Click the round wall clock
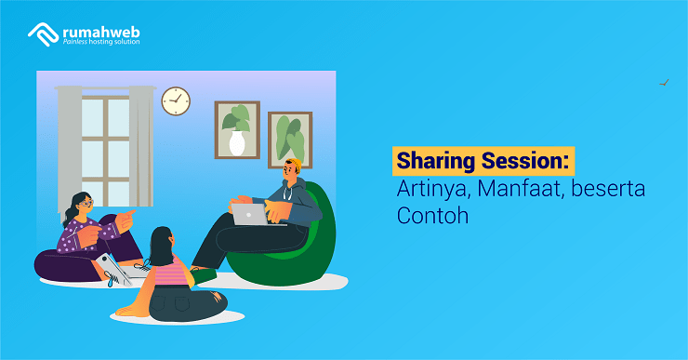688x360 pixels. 176,100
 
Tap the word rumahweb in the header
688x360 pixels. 102,30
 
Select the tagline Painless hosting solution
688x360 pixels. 102,42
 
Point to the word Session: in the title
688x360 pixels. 528,161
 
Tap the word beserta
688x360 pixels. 608,189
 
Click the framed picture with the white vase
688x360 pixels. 237,129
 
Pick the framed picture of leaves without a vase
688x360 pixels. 289,139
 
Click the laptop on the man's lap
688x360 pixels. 250,215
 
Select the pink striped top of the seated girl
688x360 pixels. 169,272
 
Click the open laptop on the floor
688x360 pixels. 116,270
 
